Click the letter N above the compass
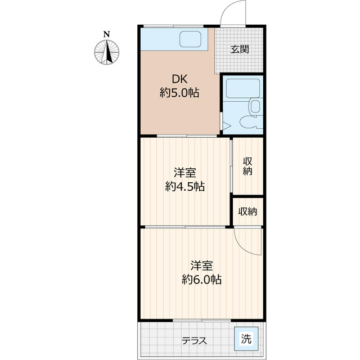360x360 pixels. tap(106, 34)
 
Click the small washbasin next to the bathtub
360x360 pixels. tap(255, 107)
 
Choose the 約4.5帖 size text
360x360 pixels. tap(185, 187)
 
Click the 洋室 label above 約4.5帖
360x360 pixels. tap(185, 173)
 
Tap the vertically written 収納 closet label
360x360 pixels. tap(247, 166)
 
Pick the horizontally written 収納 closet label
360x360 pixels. tap(247, 211)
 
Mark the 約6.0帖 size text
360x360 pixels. tap(201, 280)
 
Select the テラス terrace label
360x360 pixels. tap(195, 340)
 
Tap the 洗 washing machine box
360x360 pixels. tap(246, 339)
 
